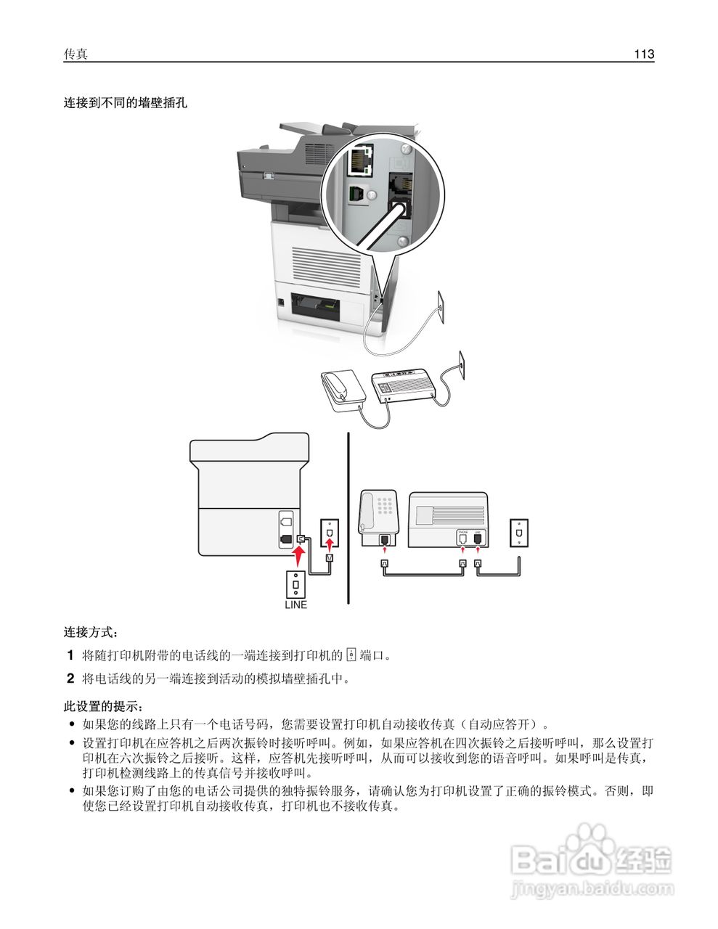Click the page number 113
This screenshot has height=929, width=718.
[643, 54]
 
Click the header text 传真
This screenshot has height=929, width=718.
[76, 54]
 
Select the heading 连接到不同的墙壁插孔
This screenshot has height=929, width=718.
[125, 103]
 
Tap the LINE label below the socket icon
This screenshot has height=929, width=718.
[295, 605]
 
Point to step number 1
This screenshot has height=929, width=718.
[70, 655]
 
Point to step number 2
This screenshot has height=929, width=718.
[70, 679]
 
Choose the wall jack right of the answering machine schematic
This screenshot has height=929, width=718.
[518, 532]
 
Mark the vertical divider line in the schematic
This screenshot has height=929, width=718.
[348, 518]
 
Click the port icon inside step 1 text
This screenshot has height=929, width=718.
[351, 655]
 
